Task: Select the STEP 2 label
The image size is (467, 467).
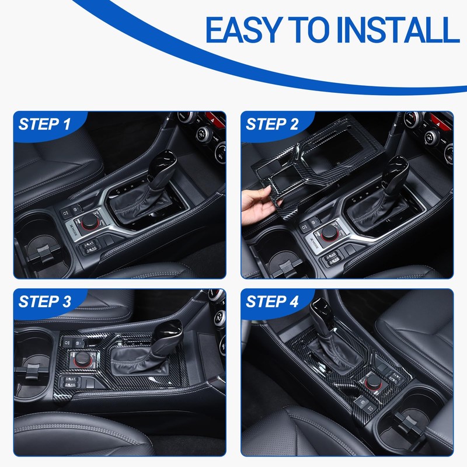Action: [x=272, y=124]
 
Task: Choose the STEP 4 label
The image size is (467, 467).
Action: [x=272, y=301]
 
